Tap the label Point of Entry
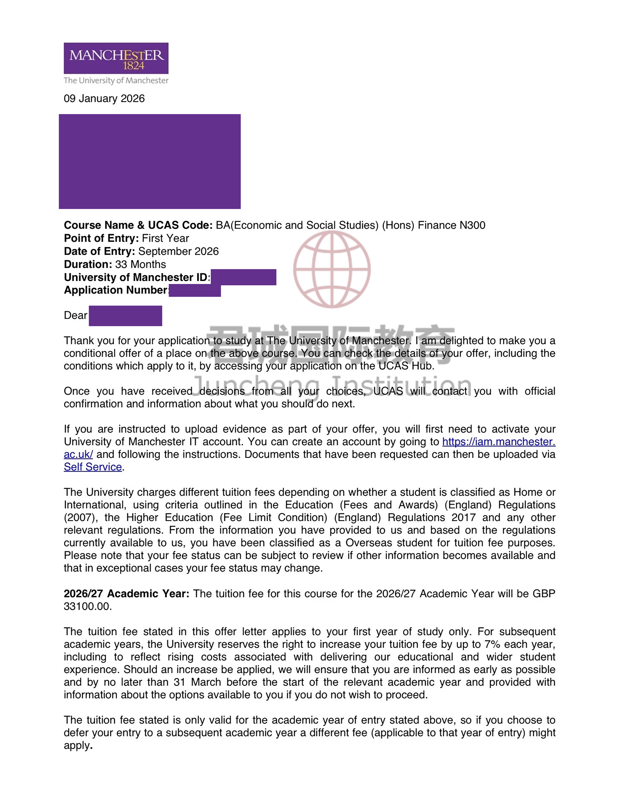point(101,238)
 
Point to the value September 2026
point(178,251)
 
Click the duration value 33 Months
point(140,264)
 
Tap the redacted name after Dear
point(125,316)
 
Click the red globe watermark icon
point(332,269)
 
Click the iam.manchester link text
point(498,442)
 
